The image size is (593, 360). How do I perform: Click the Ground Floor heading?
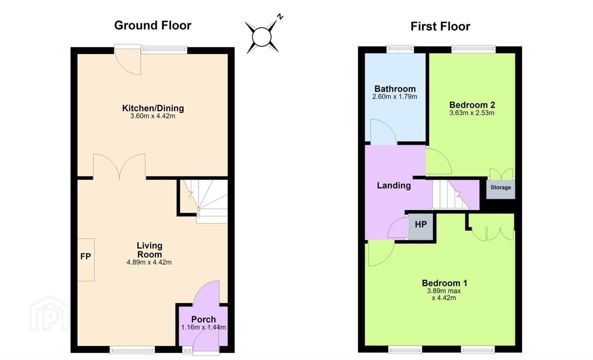pos(153,25)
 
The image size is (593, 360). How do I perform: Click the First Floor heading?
pos(440,26)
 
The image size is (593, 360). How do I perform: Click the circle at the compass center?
pos(262,37)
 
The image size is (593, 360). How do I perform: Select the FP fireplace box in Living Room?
pos(86,260)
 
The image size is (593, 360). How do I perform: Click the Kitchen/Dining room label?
pos(153,108)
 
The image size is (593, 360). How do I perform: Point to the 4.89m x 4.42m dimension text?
pos(149,262)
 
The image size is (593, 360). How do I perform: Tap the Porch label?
pos(203,319)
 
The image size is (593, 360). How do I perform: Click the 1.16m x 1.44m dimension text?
pos(203,327)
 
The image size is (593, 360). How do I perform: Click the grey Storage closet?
pos(501,189)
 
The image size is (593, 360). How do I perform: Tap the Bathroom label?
pos(395,89)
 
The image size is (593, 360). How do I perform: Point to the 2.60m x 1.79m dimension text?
pos(395,97)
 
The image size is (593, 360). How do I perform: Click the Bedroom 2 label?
pos(472,105)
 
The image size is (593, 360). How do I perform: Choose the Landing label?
pos(394,185)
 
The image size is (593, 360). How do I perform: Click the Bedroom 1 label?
pos(444,283)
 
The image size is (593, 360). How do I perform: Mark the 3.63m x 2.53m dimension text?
pos(472,113)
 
